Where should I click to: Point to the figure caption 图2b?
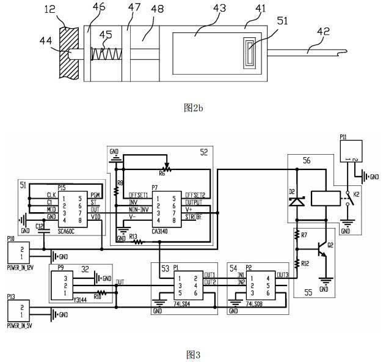point(193,108)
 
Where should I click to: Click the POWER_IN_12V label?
point(20,267)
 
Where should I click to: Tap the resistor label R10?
point(97,294)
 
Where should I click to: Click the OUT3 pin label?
point(282,275)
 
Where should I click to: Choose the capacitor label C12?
point(39,226)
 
